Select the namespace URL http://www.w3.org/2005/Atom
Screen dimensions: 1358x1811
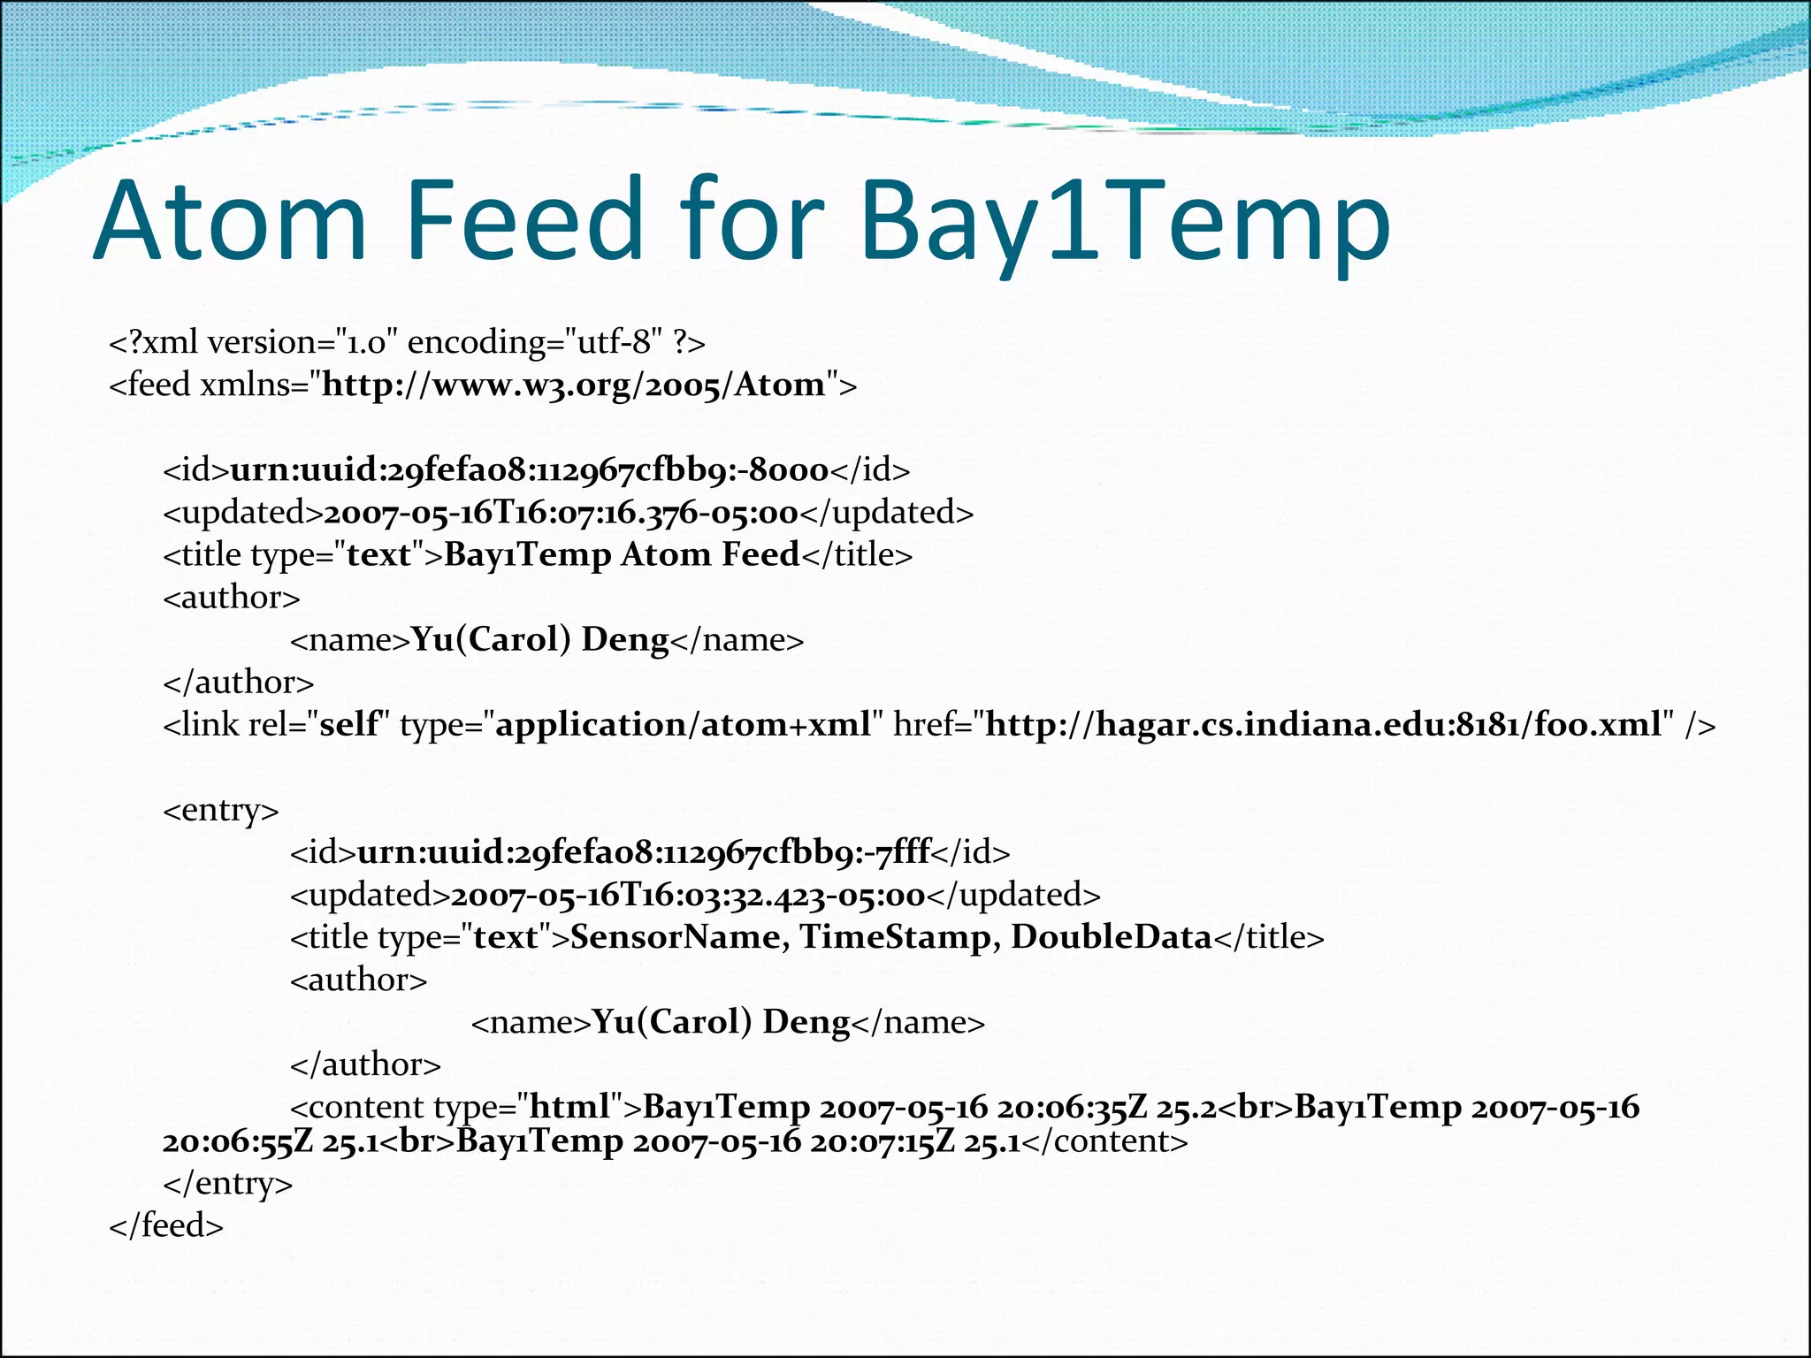point(573,385)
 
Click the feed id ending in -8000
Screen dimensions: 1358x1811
point(529,470)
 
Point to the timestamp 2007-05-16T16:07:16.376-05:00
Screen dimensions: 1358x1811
point(561,513)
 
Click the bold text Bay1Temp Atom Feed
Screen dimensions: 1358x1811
point(622,555)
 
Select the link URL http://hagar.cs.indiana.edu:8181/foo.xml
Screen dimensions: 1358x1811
point(1323,725)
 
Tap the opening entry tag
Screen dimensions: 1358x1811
point(221,810)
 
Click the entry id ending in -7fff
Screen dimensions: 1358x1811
point(643,852)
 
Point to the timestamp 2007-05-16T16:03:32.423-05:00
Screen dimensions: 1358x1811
point(687,895)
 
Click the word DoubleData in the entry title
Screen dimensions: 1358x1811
point(1111,937)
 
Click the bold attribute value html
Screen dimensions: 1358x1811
point(569,1107)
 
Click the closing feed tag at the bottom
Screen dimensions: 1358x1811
point(166,1226)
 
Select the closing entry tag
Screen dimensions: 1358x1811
point(227,1184)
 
